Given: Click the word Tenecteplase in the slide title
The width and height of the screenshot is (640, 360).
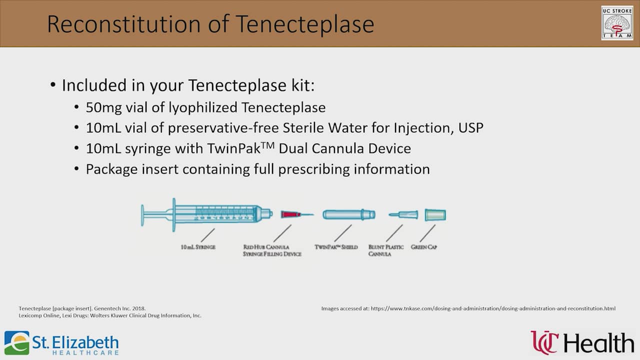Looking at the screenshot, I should point(304,23).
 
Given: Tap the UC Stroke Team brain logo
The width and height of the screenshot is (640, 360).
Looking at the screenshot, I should point(617,23).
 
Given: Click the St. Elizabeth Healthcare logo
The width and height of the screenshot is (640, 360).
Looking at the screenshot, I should point(61,343).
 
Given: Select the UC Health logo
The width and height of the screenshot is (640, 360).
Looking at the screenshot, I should point(582,343).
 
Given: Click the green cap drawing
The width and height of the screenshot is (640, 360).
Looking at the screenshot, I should point(435,215).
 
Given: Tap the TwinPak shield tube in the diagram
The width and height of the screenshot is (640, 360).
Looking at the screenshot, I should point(348,214).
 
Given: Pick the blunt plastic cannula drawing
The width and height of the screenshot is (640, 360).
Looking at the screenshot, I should point(403,215).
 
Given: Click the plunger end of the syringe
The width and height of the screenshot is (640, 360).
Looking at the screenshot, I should point(143,214).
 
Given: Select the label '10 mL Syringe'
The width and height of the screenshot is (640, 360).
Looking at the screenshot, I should point(198,247).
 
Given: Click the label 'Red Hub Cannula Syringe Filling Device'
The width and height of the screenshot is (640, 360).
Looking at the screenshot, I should point(272,250).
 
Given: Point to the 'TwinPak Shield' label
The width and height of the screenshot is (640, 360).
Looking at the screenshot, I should point(336,247).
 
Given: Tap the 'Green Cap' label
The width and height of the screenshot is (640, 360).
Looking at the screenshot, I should point(423,247).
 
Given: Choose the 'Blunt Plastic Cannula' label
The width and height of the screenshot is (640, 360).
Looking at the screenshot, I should point(386,250).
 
